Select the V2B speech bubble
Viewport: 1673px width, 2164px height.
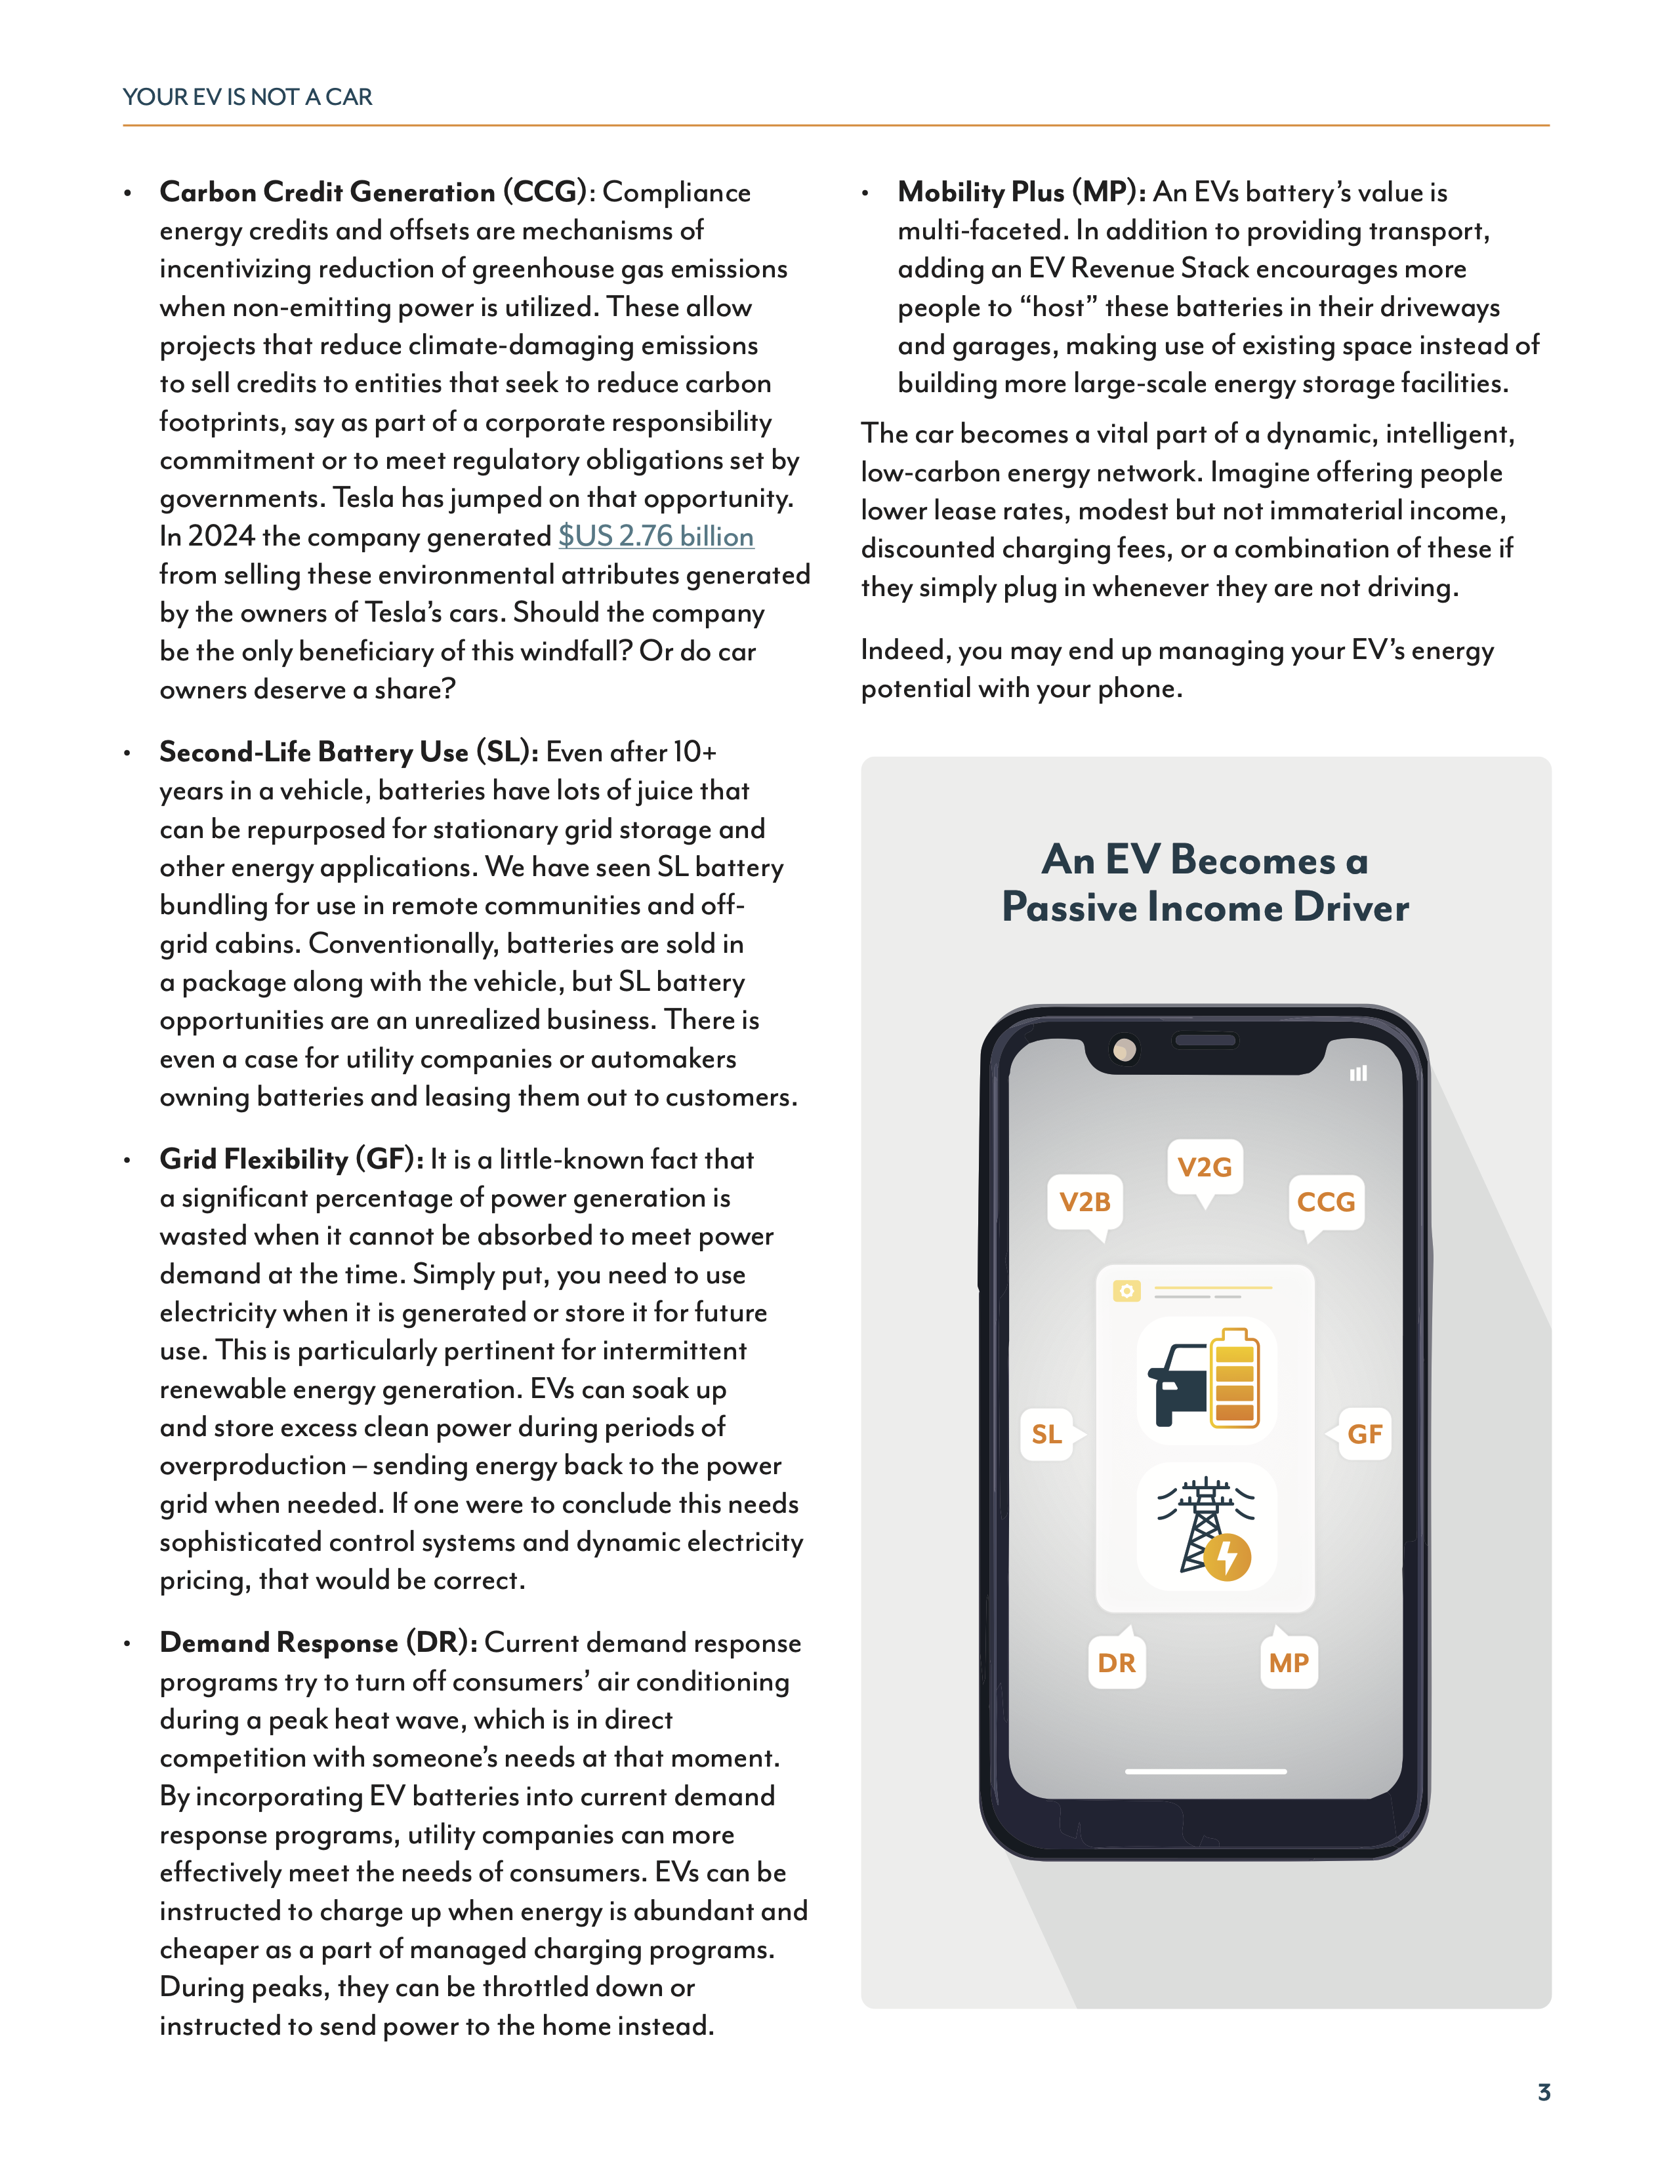click(1084, 1202)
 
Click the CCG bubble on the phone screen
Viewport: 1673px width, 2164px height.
click(1325, 1202)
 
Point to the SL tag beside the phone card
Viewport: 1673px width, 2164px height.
click(1046, 1433)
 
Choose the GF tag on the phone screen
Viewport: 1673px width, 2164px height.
click(1364, 1433)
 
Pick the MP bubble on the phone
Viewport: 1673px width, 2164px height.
click(1289, 1662)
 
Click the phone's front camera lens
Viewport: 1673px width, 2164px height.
click(1124, 1049)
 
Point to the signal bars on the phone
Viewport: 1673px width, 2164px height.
click(1358, 1073)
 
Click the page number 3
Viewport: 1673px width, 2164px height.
click(1543, 2092)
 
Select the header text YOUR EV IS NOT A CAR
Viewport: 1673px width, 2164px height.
click(248, 97)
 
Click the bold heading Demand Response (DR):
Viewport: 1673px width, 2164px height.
click(318, 1643)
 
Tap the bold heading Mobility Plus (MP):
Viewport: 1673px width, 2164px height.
click(1021, 192)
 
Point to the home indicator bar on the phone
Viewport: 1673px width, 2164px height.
click(1205, 1771)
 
